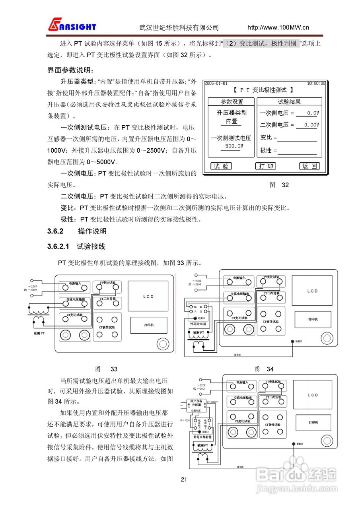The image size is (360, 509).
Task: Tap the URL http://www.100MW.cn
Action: click(278, 27)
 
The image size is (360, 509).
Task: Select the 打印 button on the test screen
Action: click(265, 166)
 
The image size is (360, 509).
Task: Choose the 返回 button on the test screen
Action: click(309, 166)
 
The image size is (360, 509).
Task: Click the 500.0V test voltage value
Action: click(231, 146)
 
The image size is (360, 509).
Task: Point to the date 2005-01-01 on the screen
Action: click(216, 84)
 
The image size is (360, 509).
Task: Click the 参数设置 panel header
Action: click(232, 102)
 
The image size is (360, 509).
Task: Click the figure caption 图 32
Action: click(279, 185)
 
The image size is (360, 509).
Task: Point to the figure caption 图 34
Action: click(264, 369)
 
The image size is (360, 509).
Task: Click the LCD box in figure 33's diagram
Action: click(148, 297)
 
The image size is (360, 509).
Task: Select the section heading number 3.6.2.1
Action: click(58, 247)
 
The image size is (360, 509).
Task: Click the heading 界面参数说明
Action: click(71, 70)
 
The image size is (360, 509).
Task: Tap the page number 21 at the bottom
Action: click(184, 479)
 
